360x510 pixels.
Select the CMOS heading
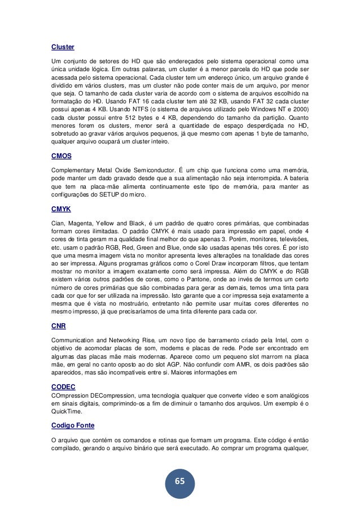(61, 157)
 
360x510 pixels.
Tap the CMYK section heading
(61, 209)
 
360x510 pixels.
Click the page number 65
(179, 481)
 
